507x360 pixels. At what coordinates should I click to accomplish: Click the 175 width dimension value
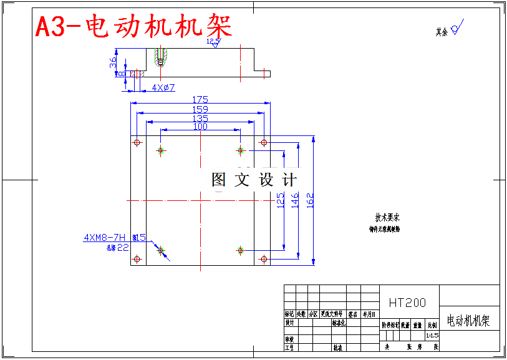tap(200, 99)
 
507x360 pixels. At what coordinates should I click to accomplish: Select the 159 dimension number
tap(200, 109)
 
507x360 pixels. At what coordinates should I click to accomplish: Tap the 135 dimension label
tap(200, 118)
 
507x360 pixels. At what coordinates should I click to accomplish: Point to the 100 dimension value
tap(200, 126)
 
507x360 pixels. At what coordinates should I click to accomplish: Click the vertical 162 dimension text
tap(310, 200)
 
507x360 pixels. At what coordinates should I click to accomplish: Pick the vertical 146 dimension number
tap(295, 200)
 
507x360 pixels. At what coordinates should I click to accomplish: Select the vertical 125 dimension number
tap(281, 200)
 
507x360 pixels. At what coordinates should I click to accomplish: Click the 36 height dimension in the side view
tap(113, 63)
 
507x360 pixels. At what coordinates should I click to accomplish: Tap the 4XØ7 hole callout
tap(163, 88)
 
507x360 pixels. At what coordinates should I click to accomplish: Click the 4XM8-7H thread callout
tap(105, 237)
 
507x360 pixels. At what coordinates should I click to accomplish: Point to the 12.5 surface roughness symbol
tap(214, 42)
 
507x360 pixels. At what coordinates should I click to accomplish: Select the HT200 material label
tap(408, 303)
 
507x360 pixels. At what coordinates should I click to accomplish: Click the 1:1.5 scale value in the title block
tap(433, 335)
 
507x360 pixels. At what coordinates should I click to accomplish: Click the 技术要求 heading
tap(387, 217)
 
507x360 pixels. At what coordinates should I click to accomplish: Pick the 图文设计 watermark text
tap(254, 180)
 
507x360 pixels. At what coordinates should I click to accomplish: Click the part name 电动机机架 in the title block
tap(468, 321)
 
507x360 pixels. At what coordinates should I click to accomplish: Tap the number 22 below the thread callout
tap(123, 247)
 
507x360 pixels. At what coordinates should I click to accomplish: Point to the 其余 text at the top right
tap(442, 31)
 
